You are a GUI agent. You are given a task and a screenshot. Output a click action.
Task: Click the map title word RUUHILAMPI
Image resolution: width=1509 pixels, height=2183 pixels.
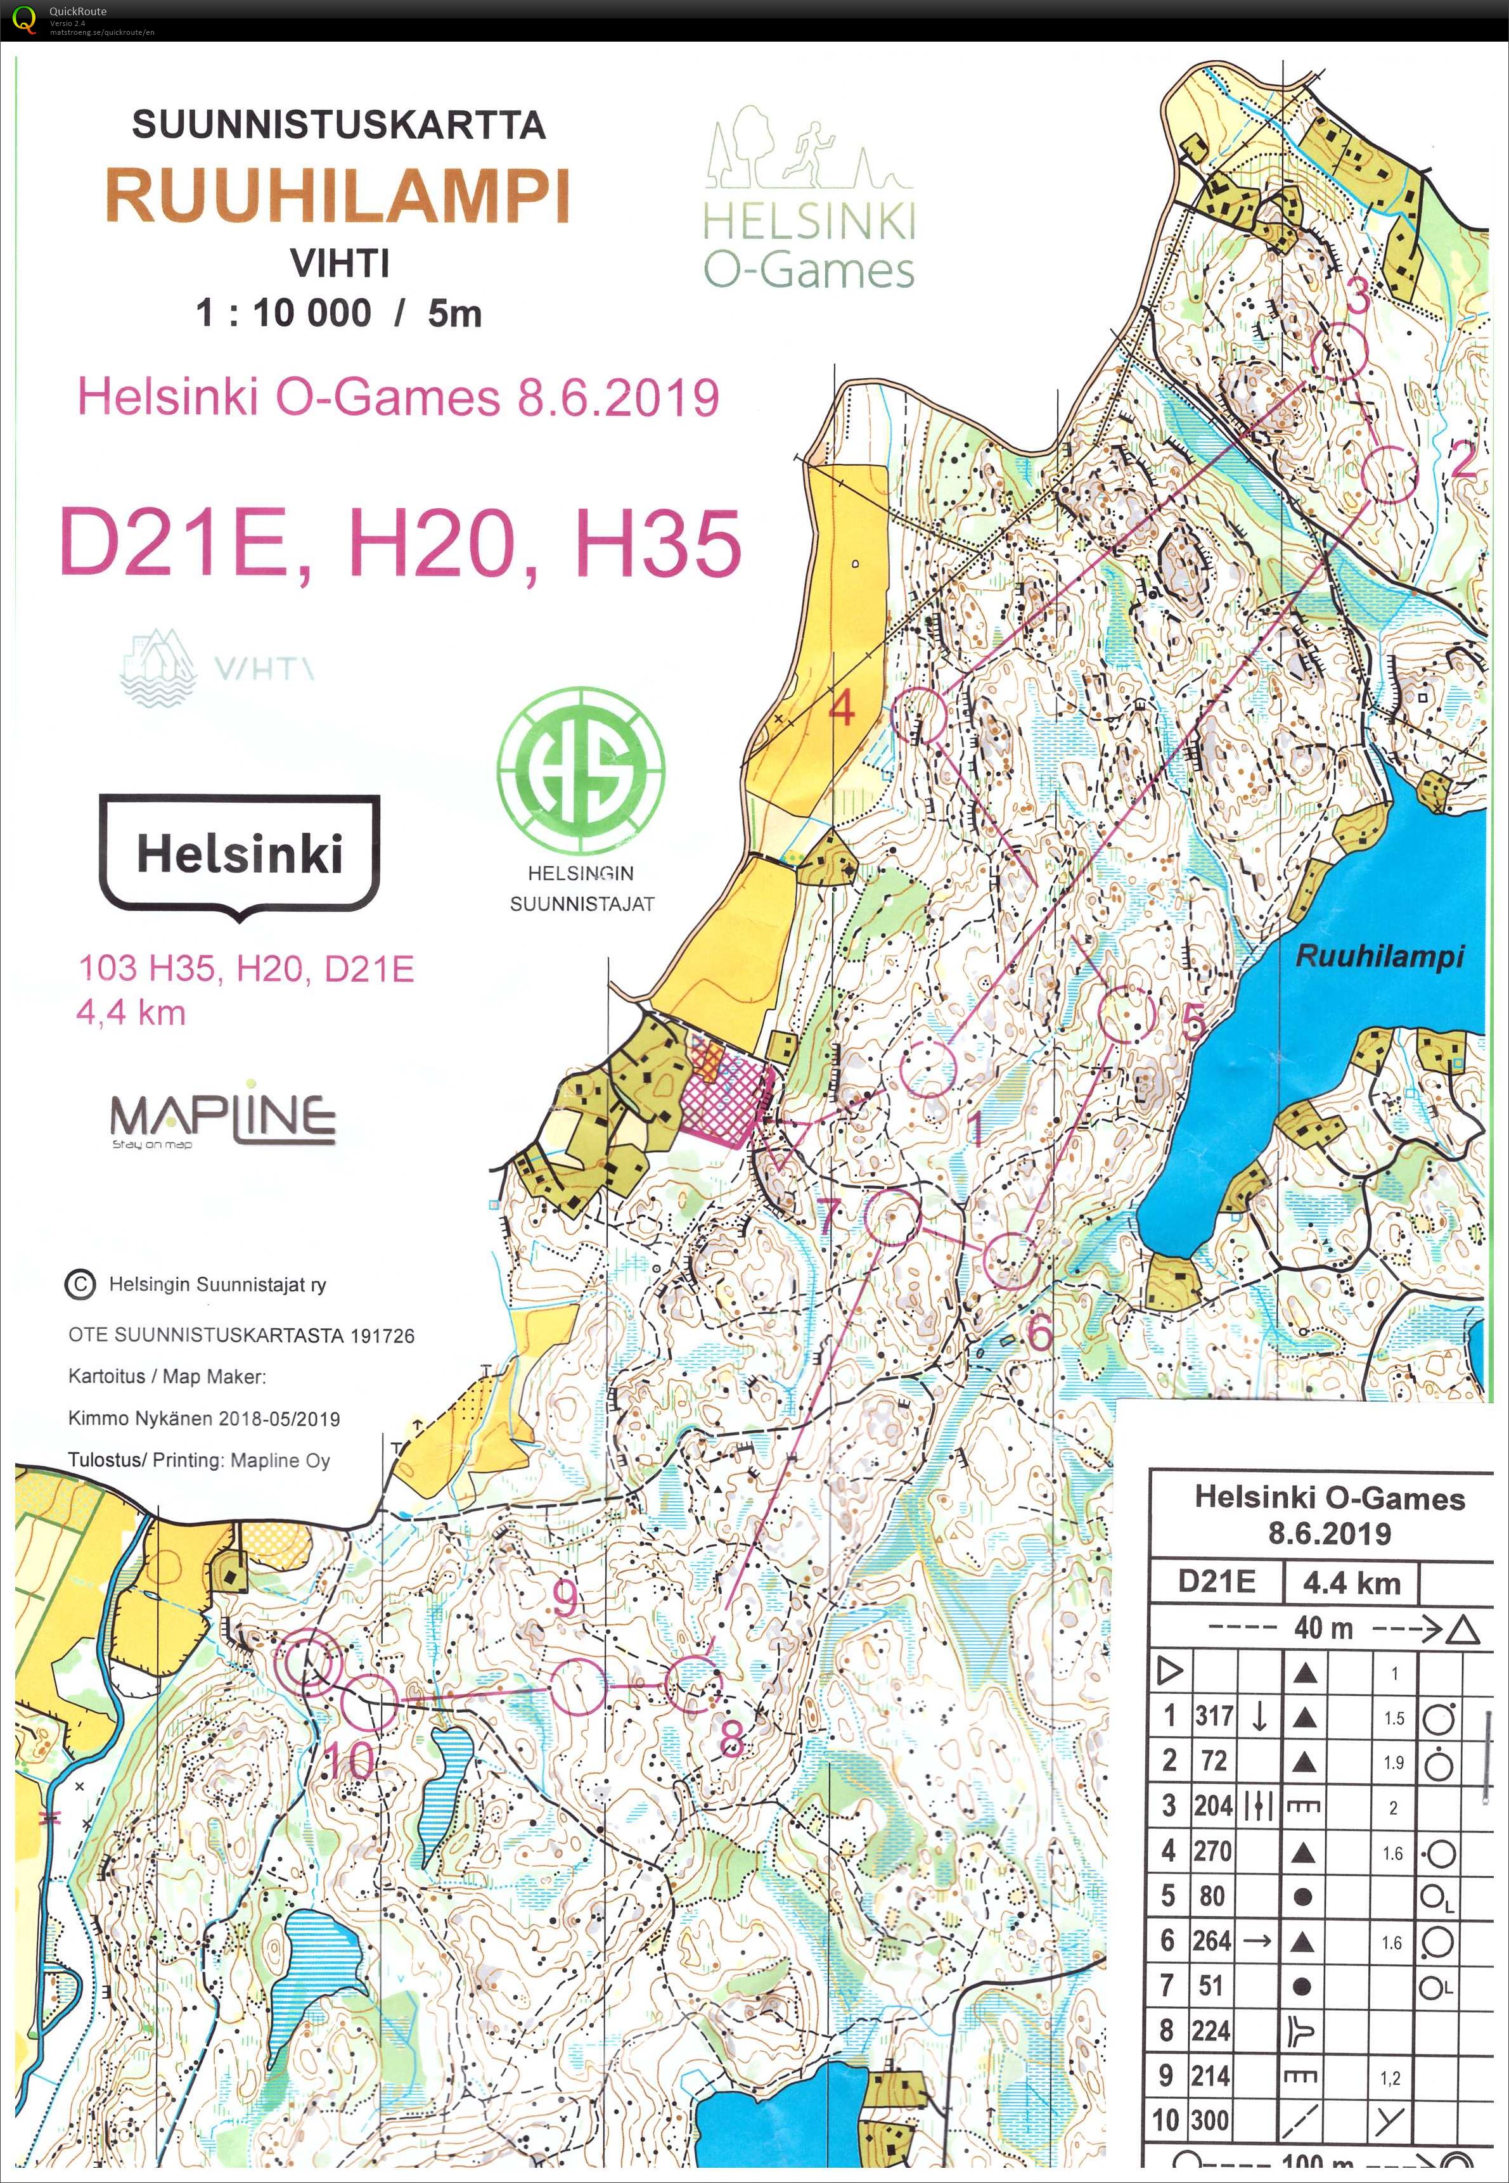click(338, 196)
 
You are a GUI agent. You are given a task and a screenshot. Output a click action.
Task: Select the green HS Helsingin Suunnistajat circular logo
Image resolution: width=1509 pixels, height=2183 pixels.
click(581, 771)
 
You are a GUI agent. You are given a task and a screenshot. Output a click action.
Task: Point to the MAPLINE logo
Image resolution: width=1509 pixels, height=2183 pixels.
click(223, 1118)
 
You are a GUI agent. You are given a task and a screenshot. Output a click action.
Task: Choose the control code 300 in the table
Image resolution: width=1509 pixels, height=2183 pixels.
click(1211, 2121)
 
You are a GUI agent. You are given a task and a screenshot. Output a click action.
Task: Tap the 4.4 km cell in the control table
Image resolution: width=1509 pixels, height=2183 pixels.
click(1351, 1583)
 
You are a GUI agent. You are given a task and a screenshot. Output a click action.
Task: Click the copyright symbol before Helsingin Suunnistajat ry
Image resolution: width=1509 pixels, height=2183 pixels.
click(80, 1284)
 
